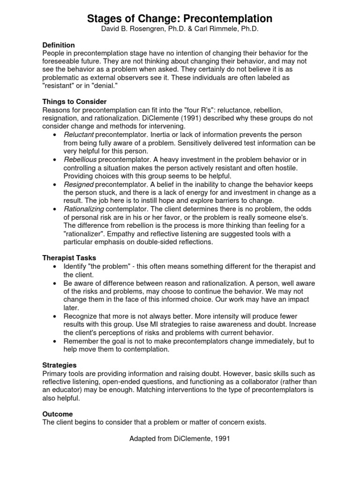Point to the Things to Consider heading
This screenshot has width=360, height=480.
[75, 102]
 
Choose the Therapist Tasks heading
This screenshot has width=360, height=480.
[69, 258]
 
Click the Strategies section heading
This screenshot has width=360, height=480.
[60, 365]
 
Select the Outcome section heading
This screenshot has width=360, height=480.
[58, 414]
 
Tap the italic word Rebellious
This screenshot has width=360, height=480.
[80, 160]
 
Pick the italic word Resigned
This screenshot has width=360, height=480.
[79, 185]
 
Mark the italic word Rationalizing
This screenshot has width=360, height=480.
[84, 209]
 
